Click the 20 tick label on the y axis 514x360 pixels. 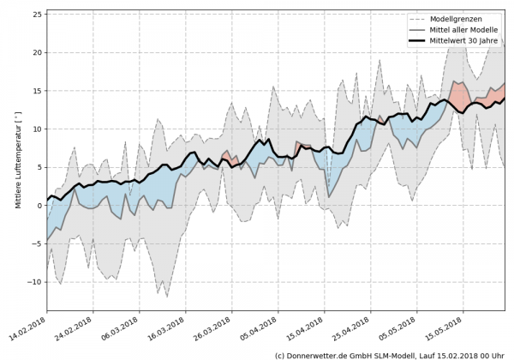37,52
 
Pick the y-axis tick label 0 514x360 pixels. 39,205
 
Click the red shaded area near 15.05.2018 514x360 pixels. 459,93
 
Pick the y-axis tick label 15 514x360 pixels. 37,91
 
